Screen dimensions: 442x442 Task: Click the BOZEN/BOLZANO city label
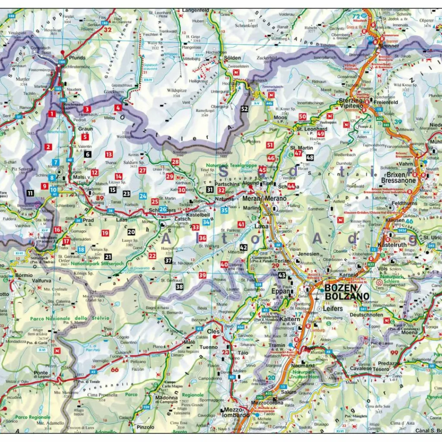[347, 292]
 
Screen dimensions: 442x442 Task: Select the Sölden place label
[232, 57]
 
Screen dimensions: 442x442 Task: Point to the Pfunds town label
[77, 57]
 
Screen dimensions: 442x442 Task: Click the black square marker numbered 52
[245, 109]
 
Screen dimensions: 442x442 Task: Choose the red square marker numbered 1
[52, 114]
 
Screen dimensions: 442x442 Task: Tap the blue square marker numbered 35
[224, 210]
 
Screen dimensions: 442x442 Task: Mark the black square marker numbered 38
[179, 287]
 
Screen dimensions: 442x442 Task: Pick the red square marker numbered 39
[202, 275]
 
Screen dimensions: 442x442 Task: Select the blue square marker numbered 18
[81, 249]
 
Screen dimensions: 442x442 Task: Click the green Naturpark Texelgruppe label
[225, 165]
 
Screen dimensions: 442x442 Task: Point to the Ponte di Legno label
[41, 376]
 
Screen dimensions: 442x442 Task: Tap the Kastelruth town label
[390, 245]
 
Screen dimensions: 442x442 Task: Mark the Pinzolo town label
[145, 427]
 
